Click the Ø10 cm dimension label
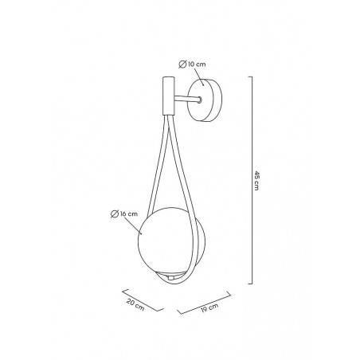(192, 65)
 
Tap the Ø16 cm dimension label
(124, 214)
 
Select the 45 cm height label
(256, 181)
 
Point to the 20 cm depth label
(135, 305)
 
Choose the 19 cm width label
(209, 308)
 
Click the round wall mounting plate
(205, 100)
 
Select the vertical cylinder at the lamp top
(169, 96)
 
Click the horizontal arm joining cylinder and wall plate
(186, 99)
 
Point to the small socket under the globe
(170, 278)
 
